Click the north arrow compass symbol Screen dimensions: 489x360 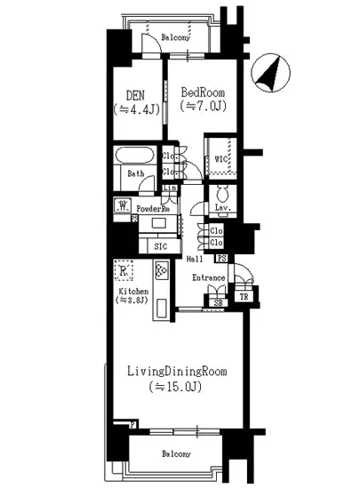(268, 73)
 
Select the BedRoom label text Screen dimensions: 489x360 (203, 92)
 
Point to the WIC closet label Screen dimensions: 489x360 (220, 159)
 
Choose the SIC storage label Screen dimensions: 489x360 (161, 245)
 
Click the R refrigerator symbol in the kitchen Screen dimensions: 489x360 (123, 271)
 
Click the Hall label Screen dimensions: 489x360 (196, 259)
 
